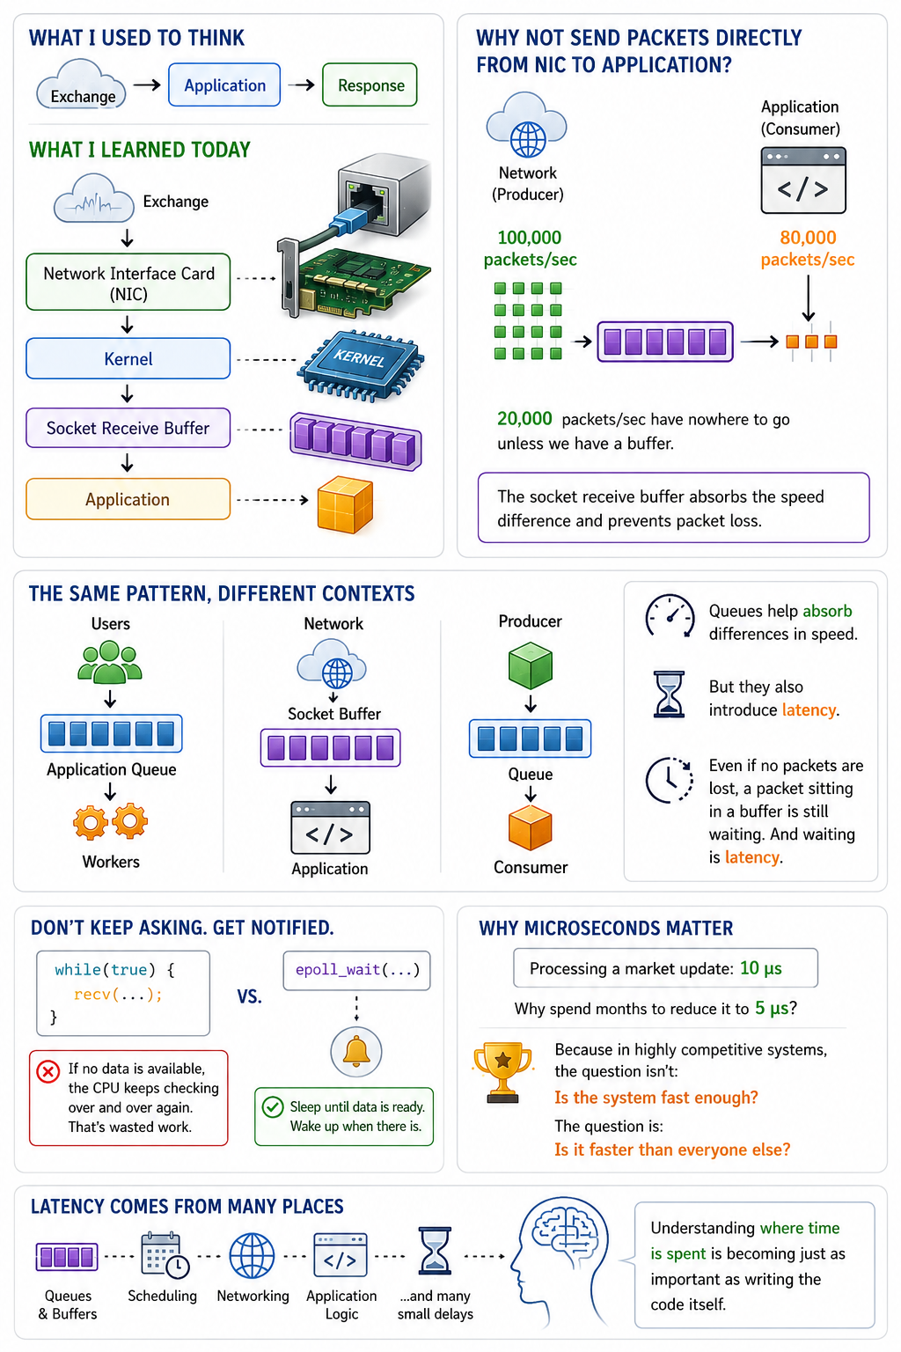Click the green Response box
click(x=370, y=85)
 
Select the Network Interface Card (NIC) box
click(x=128, y=282)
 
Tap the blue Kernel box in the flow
click(x=128, y=358)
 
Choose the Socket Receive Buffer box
click(x=128, y=428)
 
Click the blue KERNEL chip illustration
click(x=360, y=364)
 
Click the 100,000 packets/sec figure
click(x=530, y=248)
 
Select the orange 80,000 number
click(x=808, y=237)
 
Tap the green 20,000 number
click(x=524, y=418)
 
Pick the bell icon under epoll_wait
click(x=356, y=1052)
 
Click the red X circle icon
click(x=48, y=1071)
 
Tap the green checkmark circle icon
click(x=273, y=1107)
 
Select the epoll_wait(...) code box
click(x=356, y=971)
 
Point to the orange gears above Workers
click(x=111, y=821)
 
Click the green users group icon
click(x=110, y=662)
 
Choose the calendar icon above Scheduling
click(x=165, y=1255)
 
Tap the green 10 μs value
click(x=761, y=968)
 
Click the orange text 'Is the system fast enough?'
click(x=656, y=1098)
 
